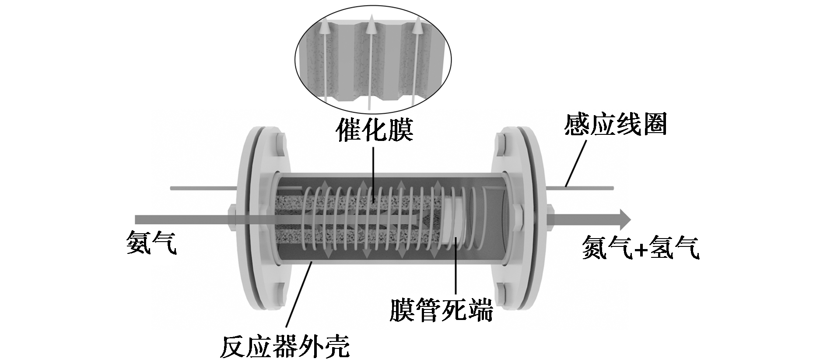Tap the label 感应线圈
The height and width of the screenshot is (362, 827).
click(x=615, y=124)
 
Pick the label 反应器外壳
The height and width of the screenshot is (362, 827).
click(x=285, y=346)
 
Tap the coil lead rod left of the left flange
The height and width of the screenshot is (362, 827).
click(x=203, y=189)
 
